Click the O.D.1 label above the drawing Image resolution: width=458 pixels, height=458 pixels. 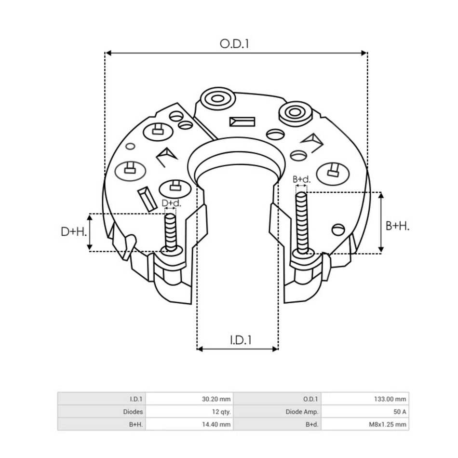[x=234, y=43]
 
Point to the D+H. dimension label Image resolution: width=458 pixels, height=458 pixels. [x=74, y=232]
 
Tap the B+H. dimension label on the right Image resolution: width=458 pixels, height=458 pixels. [x=397, y=226]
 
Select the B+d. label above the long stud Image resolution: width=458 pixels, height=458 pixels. [x=301, y=179]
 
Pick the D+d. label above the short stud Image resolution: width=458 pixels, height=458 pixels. [x=171, y=203]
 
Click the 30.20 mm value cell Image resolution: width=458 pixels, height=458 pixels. [x=189, y=399]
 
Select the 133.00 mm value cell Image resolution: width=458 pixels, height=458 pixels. [x=365, y=399]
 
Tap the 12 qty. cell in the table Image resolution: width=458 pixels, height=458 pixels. [x=189, y=412]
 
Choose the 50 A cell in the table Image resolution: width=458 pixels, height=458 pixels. [x=365, y=412]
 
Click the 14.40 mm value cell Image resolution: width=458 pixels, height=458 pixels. [x=189, y=425]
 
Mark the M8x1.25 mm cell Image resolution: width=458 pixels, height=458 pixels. [x=365, y=425]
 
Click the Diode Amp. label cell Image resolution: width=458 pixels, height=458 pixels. [x=277, y=412]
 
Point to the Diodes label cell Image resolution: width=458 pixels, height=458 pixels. [x=101, y=412]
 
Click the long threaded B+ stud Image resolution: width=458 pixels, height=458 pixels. [x=302, y=222]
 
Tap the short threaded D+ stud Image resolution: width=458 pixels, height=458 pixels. [x=171, y=232]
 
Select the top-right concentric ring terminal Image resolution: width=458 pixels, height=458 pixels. [x=293, y=113]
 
